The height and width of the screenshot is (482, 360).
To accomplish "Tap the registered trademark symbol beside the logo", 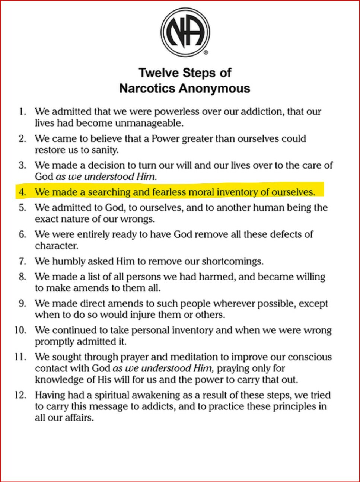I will click(x=206, y=52).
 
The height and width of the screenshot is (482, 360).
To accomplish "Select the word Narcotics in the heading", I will click(x=147, y=88).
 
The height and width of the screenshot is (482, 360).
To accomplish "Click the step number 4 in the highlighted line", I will click(x=22, y=192).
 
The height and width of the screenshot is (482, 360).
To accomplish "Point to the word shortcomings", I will click(x=232, y=261).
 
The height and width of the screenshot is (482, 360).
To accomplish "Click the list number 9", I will click(x=23, y=304).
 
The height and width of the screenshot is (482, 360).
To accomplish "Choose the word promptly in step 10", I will click(x=53, y=341).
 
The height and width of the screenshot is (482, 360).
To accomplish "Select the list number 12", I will click(x=20, y=395).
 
